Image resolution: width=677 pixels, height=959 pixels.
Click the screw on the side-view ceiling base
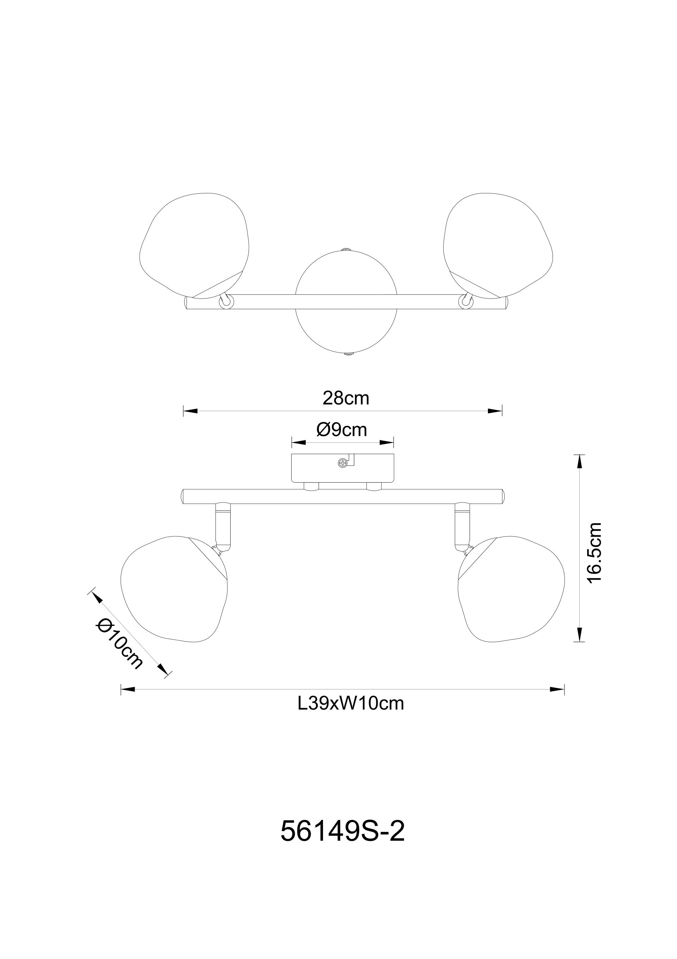[343, 462]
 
